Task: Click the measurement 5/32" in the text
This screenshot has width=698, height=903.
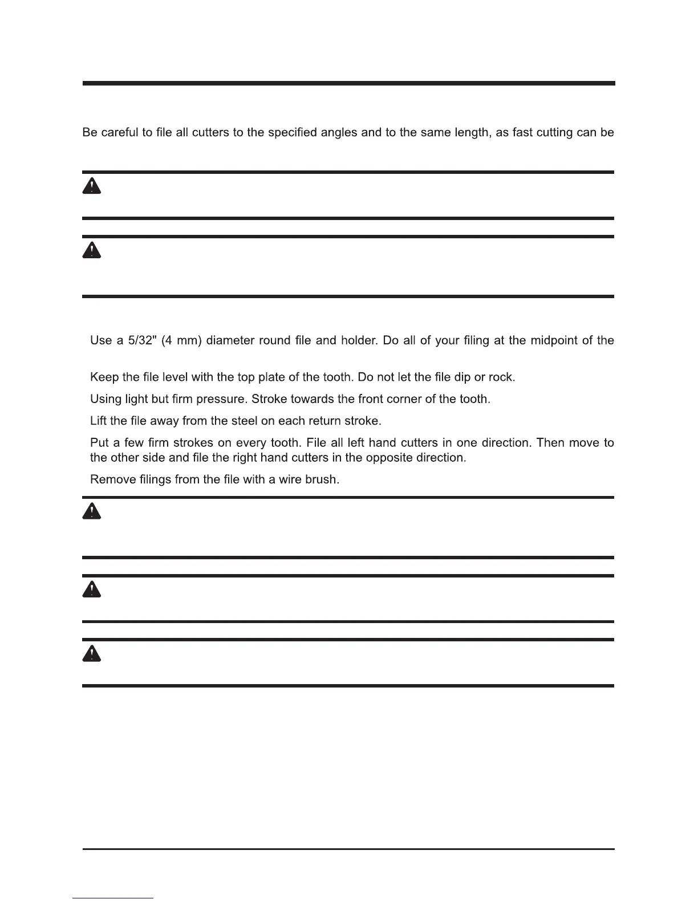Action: (141, 341)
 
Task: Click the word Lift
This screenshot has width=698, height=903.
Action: (100, 421)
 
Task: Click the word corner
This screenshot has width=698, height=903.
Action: (406, 399)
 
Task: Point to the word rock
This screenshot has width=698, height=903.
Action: (504, 377)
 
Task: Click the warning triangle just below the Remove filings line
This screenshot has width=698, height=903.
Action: (92, 511)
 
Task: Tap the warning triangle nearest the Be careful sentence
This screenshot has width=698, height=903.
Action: (92, 186)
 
